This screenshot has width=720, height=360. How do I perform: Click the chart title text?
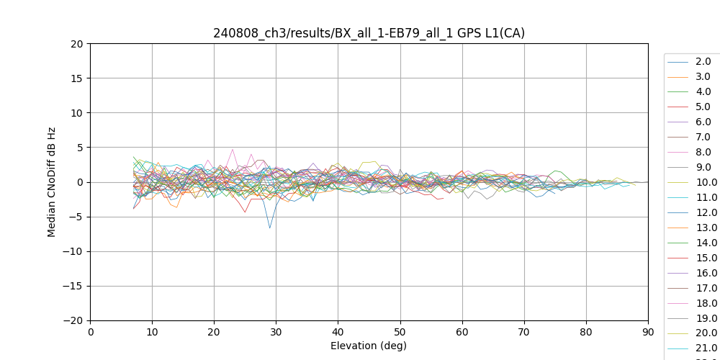pyautogui.click(x=369, y=33)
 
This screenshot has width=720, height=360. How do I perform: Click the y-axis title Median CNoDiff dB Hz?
pyautogui.click(x=52, y=182)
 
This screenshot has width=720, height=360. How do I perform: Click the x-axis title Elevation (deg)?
pyautogui.click(x=369, y=346)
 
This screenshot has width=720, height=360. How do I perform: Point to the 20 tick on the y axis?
pyautogui.click(x=90, y=43)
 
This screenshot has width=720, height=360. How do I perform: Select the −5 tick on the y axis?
pyautogui.click(x=90, y=217)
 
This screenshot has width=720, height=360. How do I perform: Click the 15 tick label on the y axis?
pyautogui.click(x=76, y=78)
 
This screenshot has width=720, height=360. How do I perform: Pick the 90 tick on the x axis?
pyautogui.click(x=648, y=320)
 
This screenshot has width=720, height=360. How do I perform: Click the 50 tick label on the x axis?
pyautogui.click(x=400, y=332)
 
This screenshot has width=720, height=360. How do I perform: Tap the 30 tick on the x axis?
pyautogui.click(x=276, y=320)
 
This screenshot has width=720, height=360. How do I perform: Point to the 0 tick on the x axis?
pyautogui.click(x=90, y=320)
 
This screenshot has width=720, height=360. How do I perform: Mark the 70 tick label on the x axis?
pyautogui.click(x=524, y=332)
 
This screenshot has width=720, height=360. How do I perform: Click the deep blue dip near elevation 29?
pyautogui.click(x=270, y=228)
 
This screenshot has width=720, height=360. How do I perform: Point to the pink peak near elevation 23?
pyautogui.click(x=233, y=149)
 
